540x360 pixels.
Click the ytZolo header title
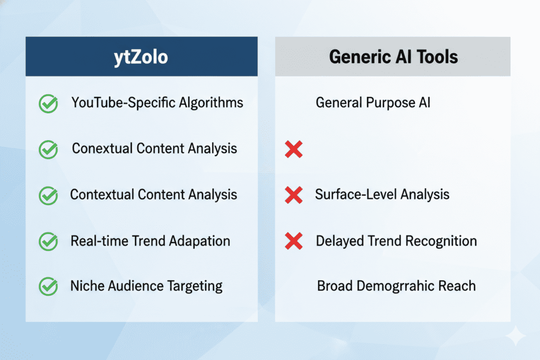click(141, 57)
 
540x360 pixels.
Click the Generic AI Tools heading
click(393, 57)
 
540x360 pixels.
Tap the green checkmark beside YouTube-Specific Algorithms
click(48, 104)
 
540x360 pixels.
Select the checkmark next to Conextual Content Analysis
click(48, 149)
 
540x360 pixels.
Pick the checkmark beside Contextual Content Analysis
click(48, 196)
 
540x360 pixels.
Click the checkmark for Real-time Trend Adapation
click(48, 241)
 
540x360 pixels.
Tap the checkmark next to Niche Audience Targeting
click(48, 286)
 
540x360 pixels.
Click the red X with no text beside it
click(294, 149)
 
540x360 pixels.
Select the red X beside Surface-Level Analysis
click(294, 195)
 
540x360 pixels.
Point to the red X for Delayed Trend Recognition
click(294, 241)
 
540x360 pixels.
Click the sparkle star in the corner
click(516, 336)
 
